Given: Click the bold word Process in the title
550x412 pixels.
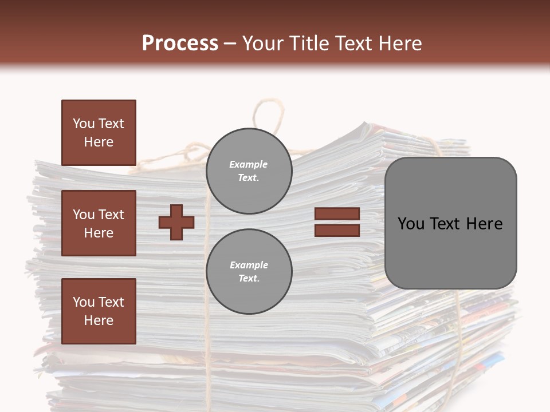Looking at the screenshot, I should point(180,43).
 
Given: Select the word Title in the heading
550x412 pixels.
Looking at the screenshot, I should point(309,43).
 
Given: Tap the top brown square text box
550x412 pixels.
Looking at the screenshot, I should point(99,133).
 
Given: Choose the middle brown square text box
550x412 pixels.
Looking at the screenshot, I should point(99,223).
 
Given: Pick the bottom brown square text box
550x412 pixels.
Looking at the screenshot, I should point(99,311).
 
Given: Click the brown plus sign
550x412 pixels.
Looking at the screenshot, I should point(176,222).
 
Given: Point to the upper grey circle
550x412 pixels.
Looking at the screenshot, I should point(249,171).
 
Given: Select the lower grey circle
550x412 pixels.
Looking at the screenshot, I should point(249,271).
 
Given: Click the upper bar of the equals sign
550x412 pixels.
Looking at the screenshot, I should point(337,214).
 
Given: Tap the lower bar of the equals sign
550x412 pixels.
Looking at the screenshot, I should point(337,230).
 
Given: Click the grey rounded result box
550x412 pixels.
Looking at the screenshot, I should point(450,223).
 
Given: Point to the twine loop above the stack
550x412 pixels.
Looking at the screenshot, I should point(268,114).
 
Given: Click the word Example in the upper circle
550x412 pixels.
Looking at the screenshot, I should point(249,164).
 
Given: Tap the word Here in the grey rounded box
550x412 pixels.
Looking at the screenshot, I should point(484,224).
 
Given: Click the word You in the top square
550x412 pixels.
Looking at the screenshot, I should point(84,124).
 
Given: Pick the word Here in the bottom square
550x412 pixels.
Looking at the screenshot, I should point(99,320).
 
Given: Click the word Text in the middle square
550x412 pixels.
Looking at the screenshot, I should point(111,215).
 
